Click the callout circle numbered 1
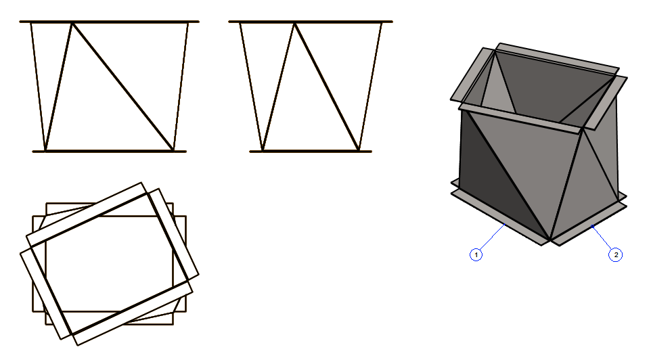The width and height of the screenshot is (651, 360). pos(476,254)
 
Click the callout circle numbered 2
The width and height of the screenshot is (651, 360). pos(616,254)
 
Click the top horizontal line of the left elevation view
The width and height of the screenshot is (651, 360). pos(109,22)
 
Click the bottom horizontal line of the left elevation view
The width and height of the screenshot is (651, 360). pos(110,152)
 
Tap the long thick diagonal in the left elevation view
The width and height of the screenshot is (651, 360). pos(122,87)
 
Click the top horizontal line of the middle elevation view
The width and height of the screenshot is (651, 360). pos(311,22)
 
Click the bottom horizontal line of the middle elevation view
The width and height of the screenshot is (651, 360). pos(311,152)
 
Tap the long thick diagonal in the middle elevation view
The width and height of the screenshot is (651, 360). pos(327,87)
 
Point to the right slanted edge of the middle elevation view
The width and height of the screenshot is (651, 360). pos(370,87)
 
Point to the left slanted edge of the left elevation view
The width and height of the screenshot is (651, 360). pos(38,87)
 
